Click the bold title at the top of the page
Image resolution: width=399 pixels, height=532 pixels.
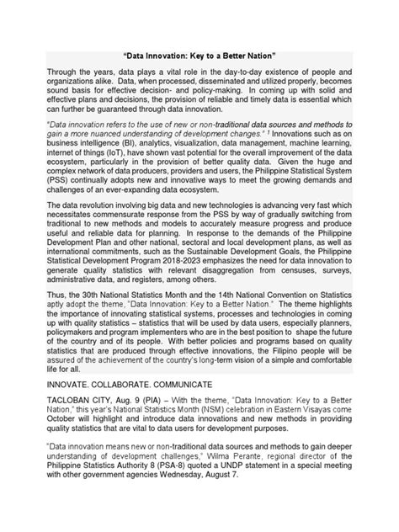[199, 52]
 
